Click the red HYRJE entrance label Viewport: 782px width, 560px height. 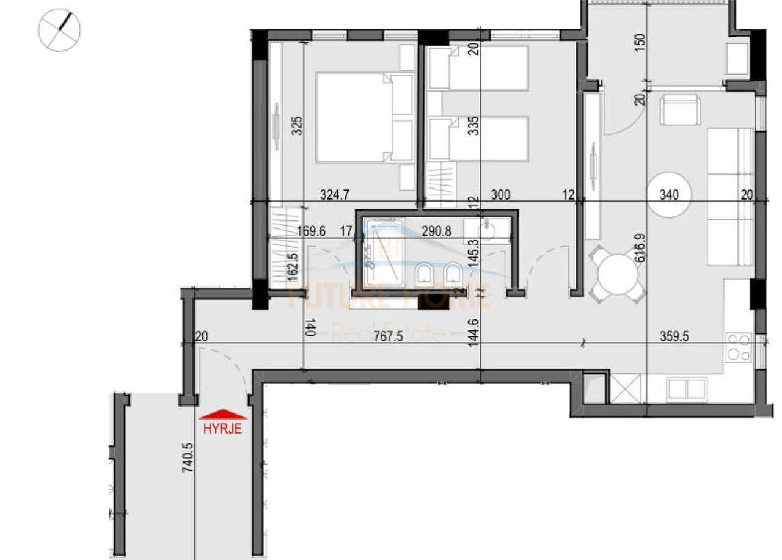click(222, 429)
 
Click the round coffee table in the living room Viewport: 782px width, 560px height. click(669, 195)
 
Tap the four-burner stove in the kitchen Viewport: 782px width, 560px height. click(738, 347)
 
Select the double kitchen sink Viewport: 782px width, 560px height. click(687, 389)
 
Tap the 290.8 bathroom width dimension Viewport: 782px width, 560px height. click(438, 232)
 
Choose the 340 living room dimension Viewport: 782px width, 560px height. click(669, 195)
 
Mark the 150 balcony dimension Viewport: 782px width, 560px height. click(640, 43)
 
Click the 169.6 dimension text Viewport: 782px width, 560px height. click(311, 232)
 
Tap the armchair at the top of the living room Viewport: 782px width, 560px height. click(679, 109)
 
